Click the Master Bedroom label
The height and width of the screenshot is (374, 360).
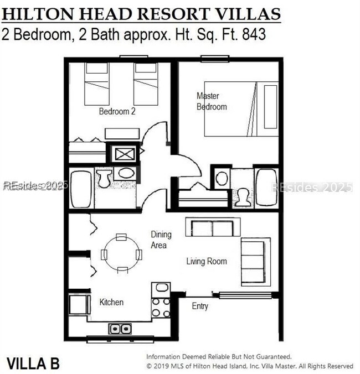click(212, 101)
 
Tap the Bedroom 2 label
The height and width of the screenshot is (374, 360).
click(117, 111)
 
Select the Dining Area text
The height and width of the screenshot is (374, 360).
click(161, 240)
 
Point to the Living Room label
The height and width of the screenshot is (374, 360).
click(206, 261)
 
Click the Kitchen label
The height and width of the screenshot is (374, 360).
click(111, 302)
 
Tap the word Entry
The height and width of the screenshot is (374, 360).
click(200, 306)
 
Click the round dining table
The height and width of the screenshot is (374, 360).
click(121, 254)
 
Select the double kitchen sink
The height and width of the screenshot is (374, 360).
click(120, 328)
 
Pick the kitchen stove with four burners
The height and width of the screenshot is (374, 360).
click(161, 307)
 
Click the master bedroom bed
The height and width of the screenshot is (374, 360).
click(241, 108)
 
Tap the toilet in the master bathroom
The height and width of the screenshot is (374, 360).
click(243, 197)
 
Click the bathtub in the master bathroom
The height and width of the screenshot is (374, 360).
click(266, 188)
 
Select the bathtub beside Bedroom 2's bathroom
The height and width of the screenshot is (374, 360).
click(81, 189)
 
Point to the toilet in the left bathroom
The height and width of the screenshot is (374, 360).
click(104, 178)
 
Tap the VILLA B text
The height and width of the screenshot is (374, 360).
click(33, 363)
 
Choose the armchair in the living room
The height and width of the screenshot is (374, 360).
click(255, 262)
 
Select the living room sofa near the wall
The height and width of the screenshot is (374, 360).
click(212, 228)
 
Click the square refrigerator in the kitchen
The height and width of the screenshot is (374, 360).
click(79, 305)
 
